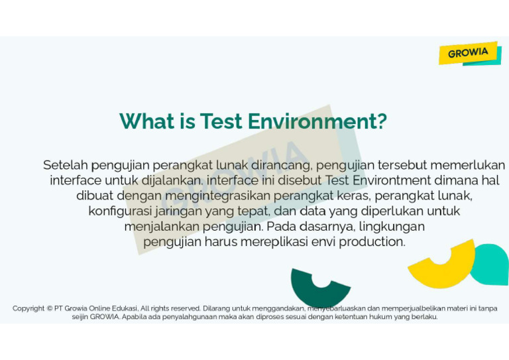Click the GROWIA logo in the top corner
click(469, 53)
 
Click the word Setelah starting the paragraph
click(65, 164)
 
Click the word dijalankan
click(170, 180)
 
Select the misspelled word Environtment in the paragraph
click(394, 180)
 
